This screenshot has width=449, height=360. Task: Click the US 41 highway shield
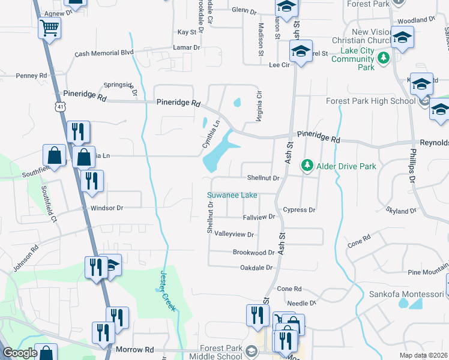(x=59, y=106)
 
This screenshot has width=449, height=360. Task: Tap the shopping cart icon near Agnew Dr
(x=49, y=27)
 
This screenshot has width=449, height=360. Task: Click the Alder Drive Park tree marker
(x=307, y=164)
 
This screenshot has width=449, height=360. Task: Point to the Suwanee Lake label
(x=232, y=195)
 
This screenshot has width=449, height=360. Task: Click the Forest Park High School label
(x=370, y=101)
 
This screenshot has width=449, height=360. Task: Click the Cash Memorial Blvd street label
(x=104, y=53)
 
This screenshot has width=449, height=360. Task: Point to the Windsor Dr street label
(x=107, y=208)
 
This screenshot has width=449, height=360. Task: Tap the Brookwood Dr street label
(x=253, y=253)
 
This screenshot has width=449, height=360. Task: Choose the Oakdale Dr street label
(x=256, y=268)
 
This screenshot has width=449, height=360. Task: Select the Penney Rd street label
(x=31, y=76)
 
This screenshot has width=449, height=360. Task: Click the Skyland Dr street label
(x=402, y=211)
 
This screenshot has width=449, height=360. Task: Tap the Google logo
(x=20, y=353)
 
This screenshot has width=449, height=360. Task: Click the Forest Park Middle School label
(x=221, y=352)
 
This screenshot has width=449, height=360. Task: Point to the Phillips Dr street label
(x=413, y=164)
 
